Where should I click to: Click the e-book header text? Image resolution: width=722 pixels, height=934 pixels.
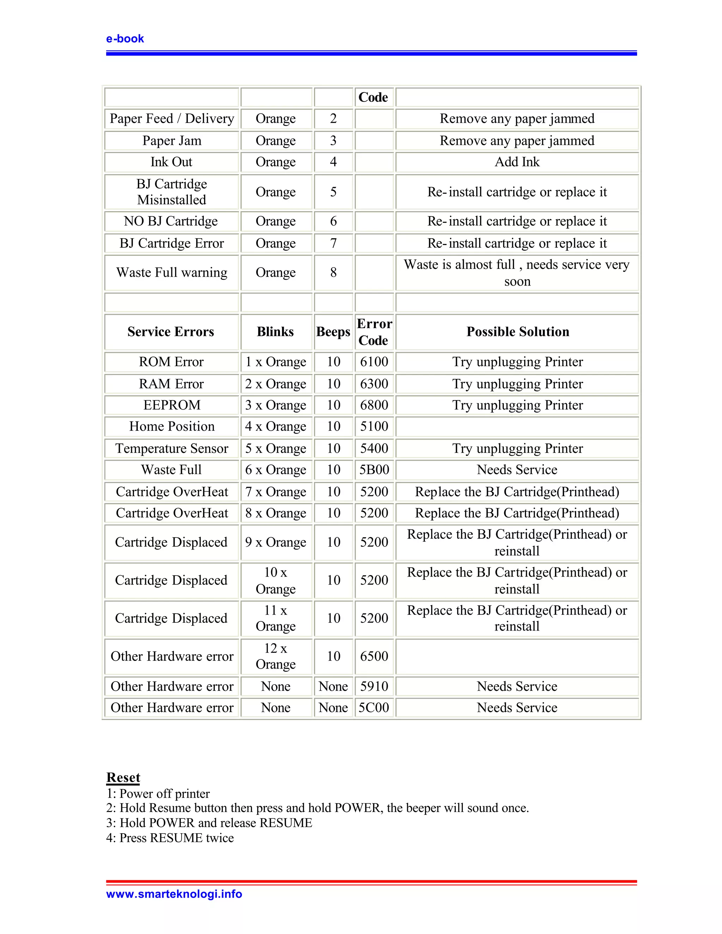[125, 39]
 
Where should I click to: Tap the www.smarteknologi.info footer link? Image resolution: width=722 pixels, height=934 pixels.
[174, 894]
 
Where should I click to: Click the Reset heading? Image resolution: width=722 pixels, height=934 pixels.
[123, 777]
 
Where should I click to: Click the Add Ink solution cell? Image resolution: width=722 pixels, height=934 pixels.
[517, 162]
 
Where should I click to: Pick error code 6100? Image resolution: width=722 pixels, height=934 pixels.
[374, 362]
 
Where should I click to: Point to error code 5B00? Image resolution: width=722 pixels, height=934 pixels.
[374, 469]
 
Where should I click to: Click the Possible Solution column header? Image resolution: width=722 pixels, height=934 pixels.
[518, 332]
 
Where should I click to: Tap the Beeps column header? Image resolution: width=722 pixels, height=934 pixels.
[333, 332]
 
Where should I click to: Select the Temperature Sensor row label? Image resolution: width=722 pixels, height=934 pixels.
[172, 448]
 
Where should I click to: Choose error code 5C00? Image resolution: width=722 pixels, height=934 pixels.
[374, 707]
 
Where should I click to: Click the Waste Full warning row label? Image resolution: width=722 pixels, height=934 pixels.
[172, 272]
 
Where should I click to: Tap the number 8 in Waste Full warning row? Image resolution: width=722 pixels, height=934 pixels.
[333, 272]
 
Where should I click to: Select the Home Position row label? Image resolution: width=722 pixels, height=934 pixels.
[172, 426]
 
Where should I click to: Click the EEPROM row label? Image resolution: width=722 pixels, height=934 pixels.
[172, 405]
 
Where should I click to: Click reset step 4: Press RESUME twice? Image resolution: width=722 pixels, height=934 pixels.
[170, 838]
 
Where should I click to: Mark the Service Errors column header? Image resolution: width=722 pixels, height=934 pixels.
[171, 332]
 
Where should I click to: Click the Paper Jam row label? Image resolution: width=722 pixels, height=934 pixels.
[172, 141]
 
